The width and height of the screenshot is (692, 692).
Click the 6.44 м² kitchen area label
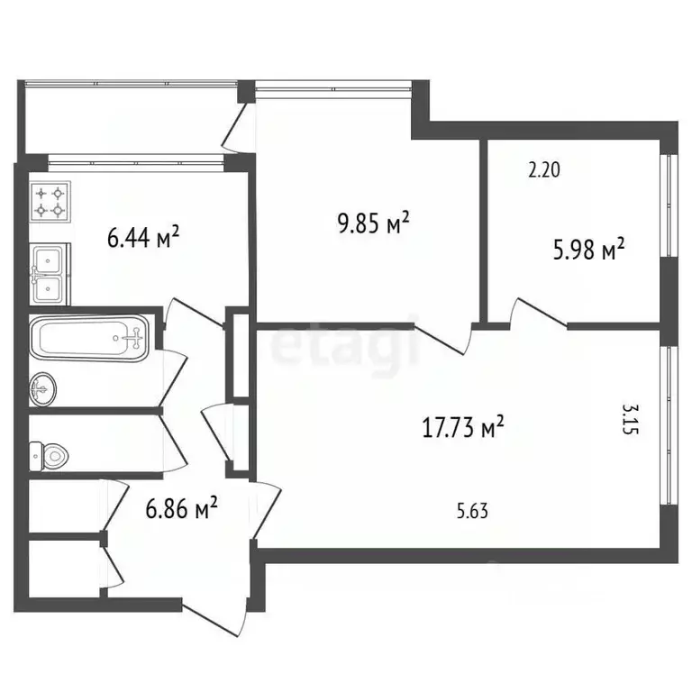(x=143, y=237)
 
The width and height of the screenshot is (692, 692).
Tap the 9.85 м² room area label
(x=374, y=223)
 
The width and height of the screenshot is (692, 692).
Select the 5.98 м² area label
(x=589, y=250)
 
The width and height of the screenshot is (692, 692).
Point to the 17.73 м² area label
(x=463, y=427)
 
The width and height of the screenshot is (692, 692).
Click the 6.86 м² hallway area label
(x=181, y=508)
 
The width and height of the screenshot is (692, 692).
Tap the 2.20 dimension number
(x=544, y=170)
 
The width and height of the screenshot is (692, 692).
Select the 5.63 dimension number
(x=472, y=511)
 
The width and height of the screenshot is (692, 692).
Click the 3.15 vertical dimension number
(x=630, y=419)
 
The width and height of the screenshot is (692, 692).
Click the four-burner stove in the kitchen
(x=50, y=201)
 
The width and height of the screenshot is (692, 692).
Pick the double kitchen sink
(x=50, y=274)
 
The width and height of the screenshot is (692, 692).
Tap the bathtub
(x=89, y=339)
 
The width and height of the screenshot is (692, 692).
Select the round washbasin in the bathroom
(x=43, y=389)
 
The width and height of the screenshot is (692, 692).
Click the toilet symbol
(x=49, y=456)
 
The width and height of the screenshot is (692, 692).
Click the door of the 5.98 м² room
(x=539, y=314)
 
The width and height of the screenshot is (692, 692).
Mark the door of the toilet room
(x=173, y=443)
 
